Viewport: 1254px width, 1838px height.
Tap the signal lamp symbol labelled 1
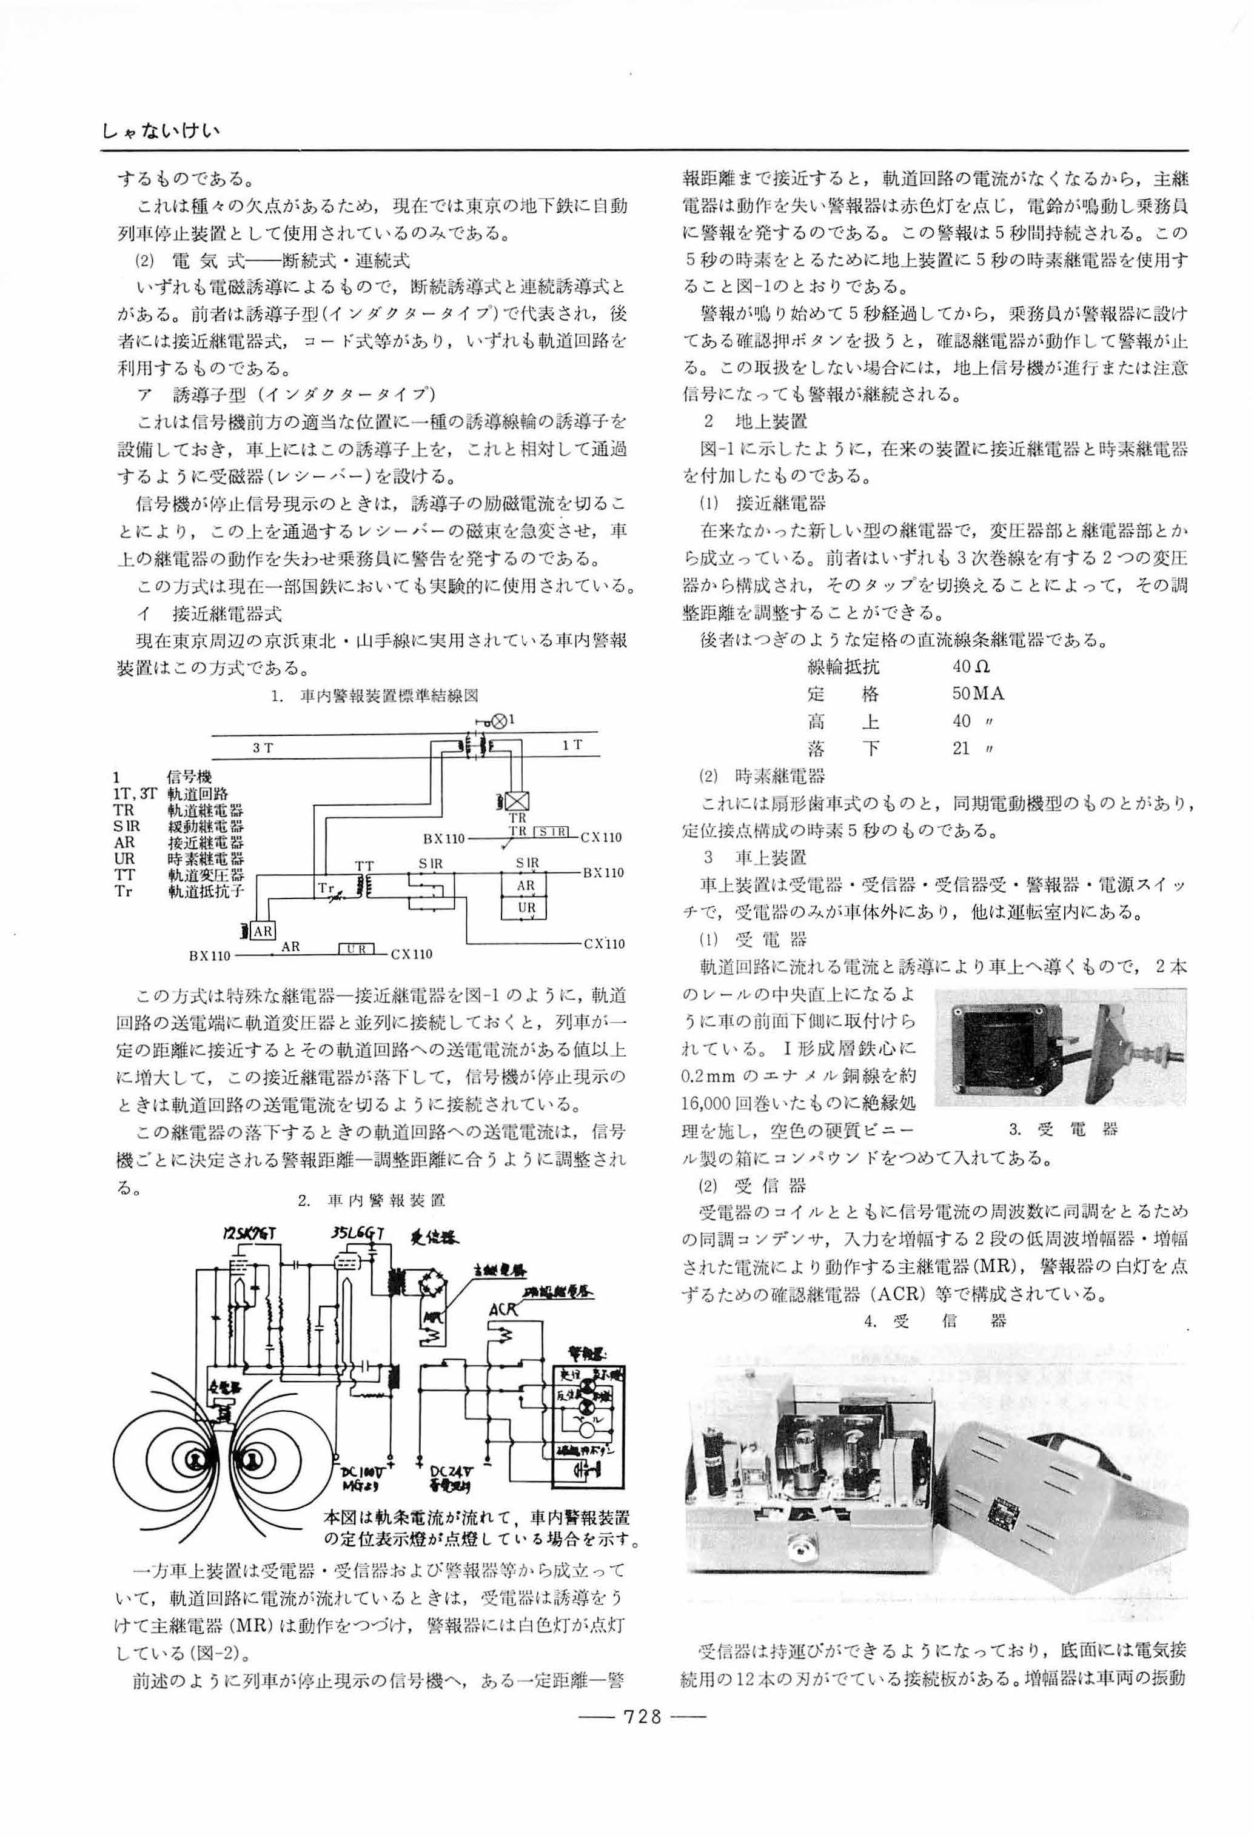point(499,721)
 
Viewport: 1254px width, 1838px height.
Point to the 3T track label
point(263,747)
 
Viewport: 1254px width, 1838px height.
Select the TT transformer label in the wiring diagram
point(364,866)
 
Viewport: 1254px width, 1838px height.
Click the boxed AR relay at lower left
point(263,932)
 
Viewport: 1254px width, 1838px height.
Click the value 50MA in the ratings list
point(978,693)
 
